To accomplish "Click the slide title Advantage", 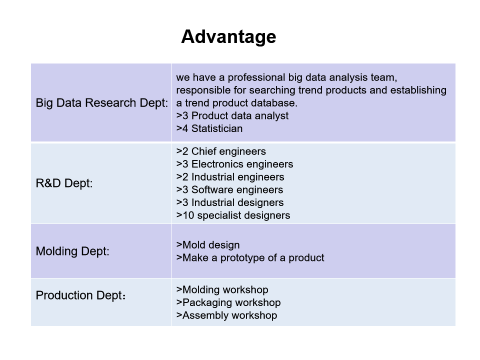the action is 228,37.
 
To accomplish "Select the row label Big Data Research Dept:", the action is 102,103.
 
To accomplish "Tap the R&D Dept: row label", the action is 64,183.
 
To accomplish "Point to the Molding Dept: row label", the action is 72,251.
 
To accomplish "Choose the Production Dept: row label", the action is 81,295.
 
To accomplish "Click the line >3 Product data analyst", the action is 232,115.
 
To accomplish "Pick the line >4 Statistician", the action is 209,128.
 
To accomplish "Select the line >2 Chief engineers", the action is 221,151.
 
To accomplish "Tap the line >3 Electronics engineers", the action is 235,164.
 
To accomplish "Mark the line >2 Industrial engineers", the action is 230,177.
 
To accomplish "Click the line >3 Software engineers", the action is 229,190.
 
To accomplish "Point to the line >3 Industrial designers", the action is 230,202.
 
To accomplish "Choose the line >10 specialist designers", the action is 233,215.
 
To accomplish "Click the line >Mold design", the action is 208,245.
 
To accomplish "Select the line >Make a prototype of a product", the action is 250,258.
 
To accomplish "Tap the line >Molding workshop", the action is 222,290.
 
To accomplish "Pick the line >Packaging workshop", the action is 228,303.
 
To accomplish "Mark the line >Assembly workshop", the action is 227,315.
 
